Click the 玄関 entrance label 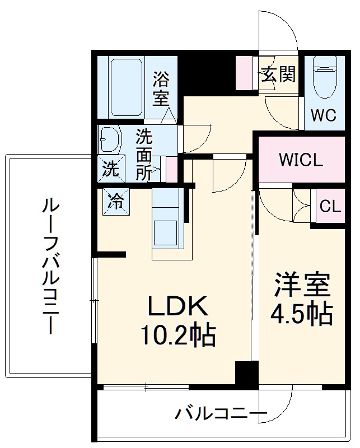[277, 74]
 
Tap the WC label [324, 115]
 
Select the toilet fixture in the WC [324, 78]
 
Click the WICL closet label [301, 161]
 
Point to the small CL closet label [330, 206]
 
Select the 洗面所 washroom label [144, 154]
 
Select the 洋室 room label [301, 286]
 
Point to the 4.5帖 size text [301, 315]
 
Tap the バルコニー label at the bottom [219, 414]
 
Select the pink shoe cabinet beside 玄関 [246, 73]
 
